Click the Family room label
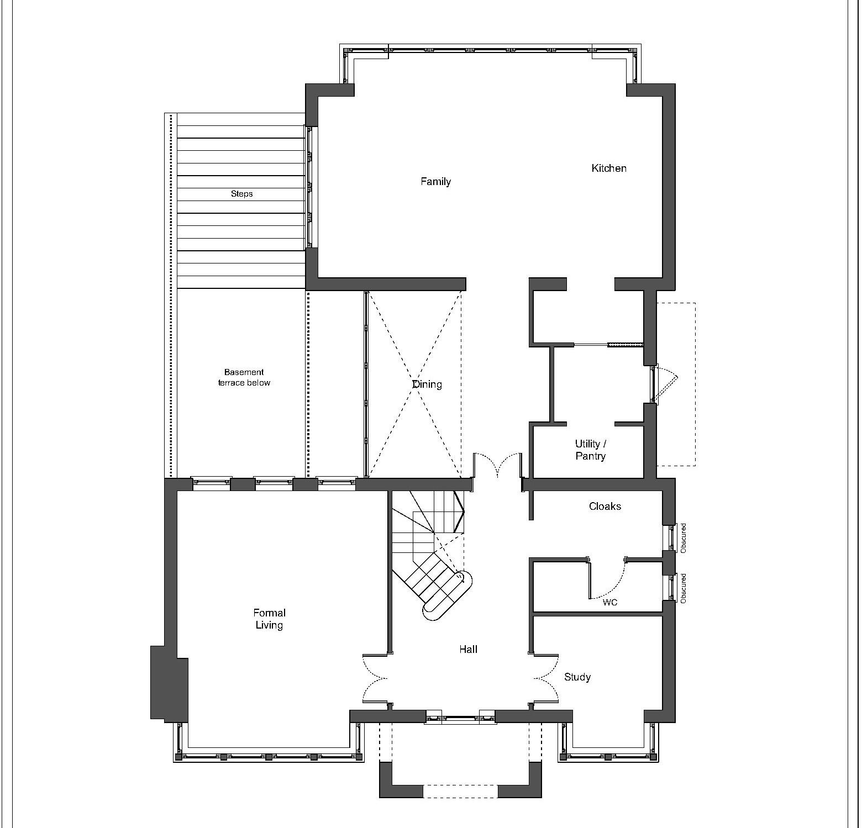pos(435,182)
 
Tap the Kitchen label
pos(609,168)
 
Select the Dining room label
pos(427,384)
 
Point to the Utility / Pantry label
pos(590,450)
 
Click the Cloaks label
pos(605,507)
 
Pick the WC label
pos(609,603)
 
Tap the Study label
pos(577,677)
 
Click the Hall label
pos(468,650)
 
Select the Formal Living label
pos(269,619)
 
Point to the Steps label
pos(241,194)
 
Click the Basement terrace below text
pos(244,378)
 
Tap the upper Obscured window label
pos(684,538)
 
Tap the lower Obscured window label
pos(684,588)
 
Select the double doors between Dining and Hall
pos(497,464)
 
